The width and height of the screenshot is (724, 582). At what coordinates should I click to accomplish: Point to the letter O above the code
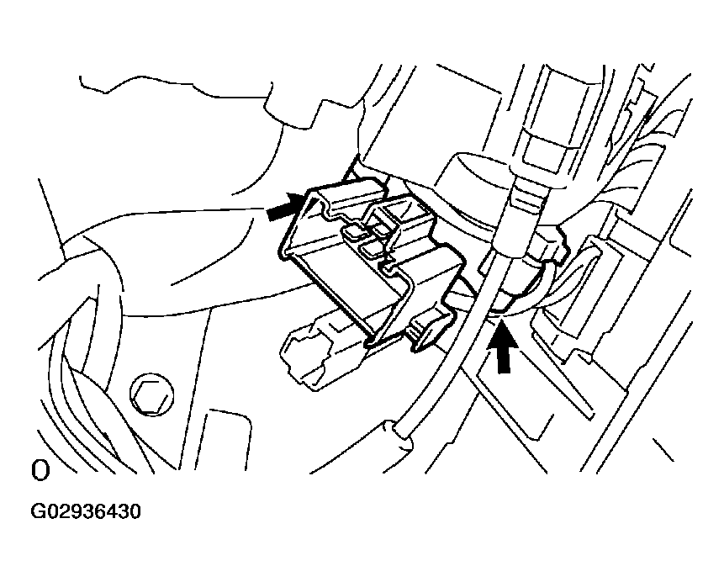click(x=40, y=470)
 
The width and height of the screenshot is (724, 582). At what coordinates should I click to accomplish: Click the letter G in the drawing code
click(x=39, y=511)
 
